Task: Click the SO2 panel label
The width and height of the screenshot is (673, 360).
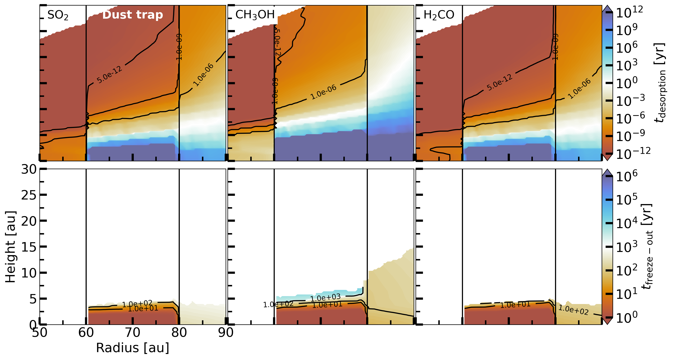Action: click(x=58, y=15)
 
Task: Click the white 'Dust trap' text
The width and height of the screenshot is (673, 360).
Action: click(x=132, y=15)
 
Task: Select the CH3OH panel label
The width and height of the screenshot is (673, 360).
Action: click(x=255, y=15)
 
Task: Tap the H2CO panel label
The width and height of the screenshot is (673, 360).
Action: click(x=439, y=15)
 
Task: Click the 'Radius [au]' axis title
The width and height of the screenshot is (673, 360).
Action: click(x=132, y=348)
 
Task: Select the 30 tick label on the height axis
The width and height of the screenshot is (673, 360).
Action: click(x=29, y=169)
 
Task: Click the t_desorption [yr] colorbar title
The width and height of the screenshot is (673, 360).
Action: click(x=660, y=83)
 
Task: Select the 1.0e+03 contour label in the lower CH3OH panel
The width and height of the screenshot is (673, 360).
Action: click(x=325, y=298)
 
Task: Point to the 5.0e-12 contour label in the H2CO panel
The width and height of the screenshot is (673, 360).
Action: click(x=499, y=83)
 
